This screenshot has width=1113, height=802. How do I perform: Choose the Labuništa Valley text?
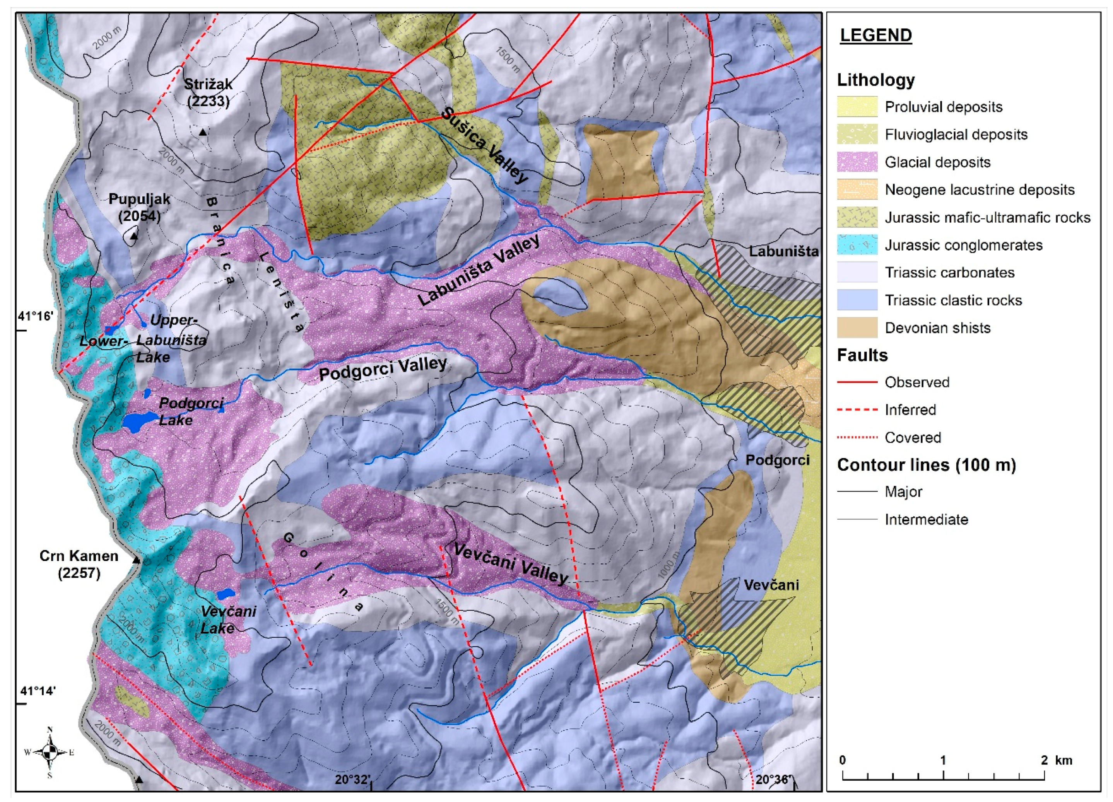(479, 270)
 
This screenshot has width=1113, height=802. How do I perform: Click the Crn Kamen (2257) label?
(79, 564)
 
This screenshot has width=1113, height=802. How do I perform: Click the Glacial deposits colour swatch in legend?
(857, 162)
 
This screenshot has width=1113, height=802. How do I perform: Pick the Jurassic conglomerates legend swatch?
(857, 245)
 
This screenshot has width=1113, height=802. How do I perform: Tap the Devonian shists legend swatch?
(857, 328)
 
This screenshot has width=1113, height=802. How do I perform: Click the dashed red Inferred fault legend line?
(857, 410)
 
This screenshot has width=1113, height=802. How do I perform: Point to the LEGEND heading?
(876, 35)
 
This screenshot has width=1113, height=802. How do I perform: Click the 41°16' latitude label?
(35, 316)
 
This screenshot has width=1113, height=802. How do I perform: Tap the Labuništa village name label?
(783, 252)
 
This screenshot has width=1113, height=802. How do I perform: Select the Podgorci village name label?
(777, 460)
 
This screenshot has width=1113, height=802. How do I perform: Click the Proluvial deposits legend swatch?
(857, 106)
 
